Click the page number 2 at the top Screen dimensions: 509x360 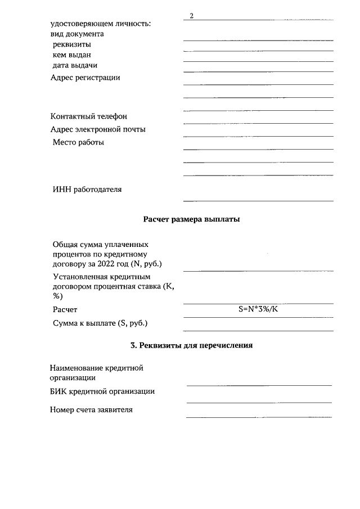tap(191, 15)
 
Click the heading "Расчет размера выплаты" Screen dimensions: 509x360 tap(191, 219)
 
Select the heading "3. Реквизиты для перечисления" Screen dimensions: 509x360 tap(191, 345)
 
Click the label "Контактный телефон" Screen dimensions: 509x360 tap(89, 116)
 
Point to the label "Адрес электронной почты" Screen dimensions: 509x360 tap(98, 129)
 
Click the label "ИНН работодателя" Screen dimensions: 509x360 tap(87, 190)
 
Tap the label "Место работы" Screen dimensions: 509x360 tap(78, 142)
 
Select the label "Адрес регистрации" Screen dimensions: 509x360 tap(85, 78)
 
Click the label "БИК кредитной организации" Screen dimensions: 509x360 tap(102, 391)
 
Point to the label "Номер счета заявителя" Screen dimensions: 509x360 tap(92, 409)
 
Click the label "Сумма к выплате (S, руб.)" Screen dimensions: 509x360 tap(103, 323)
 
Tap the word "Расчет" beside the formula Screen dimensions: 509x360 tap(65, 310)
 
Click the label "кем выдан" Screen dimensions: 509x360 tap(71, 55)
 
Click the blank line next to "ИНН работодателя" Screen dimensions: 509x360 tap(258, 200)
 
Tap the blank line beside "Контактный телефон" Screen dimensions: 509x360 tap(258, 123)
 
